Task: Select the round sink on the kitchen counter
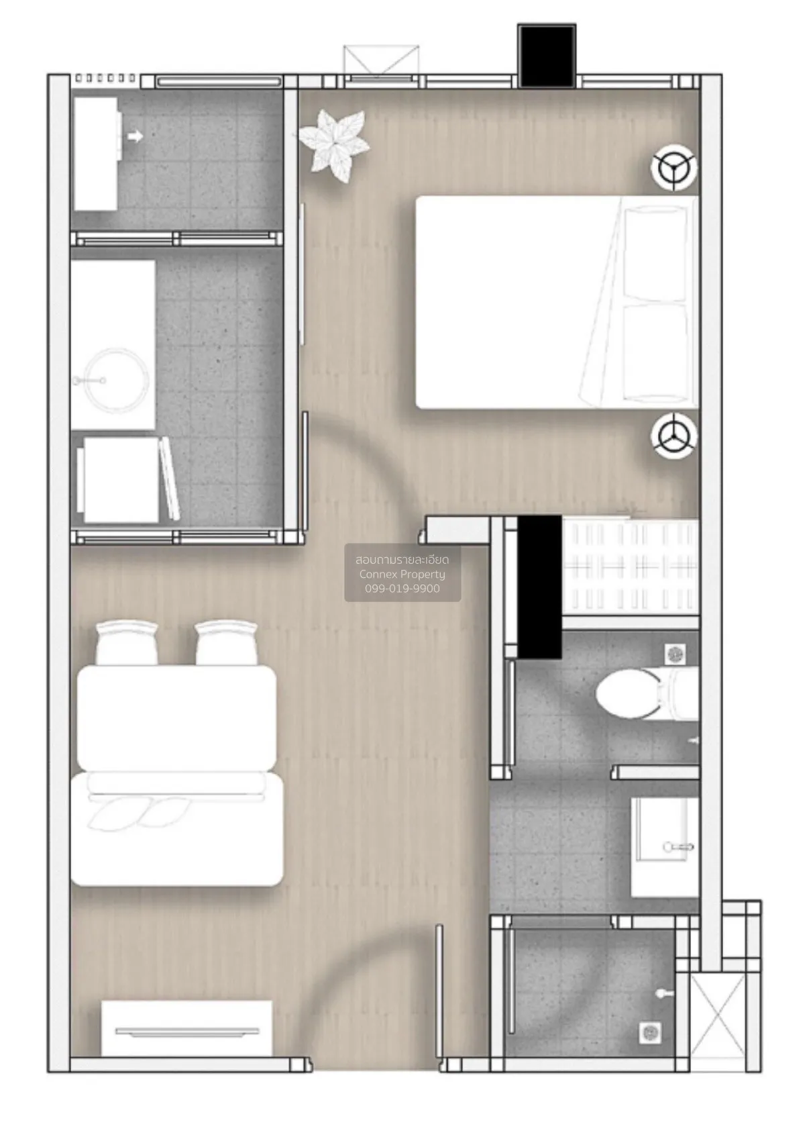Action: [117, 381]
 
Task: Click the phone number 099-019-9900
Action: [402, 589]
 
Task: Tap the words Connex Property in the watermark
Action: [402, 574]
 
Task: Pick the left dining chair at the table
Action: [127, 642]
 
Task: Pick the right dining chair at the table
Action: [225, 642]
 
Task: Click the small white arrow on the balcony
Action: [135, 136]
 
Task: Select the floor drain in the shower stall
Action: [651, 1033]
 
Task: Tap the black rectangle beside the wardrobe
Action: [539, 587]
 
